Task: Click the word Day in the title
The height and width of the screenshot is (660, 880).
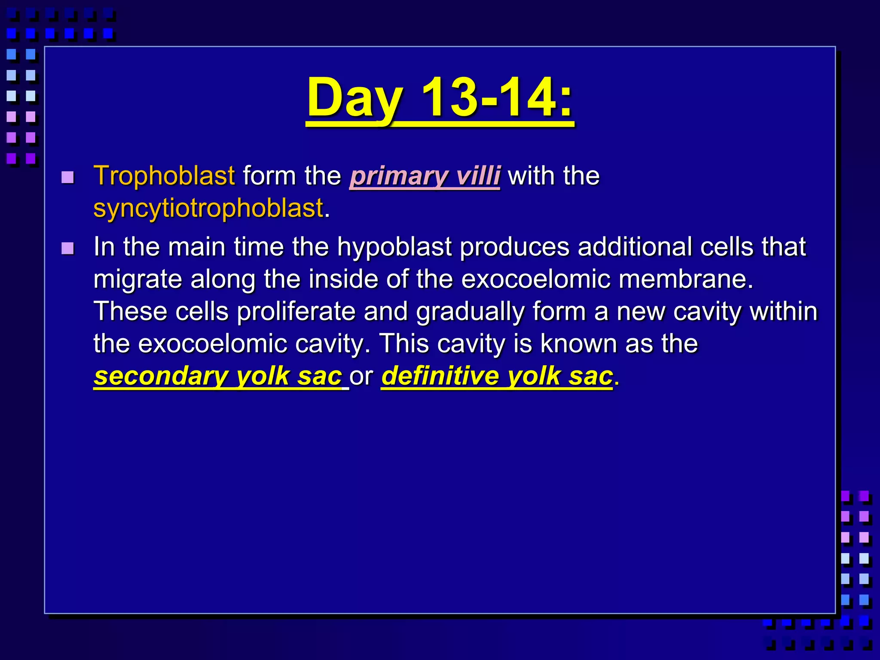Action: click(355, 98)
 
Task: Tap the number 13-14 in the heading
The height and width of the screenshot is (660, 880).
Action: click(496, 98)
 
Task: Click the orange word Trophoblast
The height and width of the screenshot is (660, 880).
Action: click(164, 176)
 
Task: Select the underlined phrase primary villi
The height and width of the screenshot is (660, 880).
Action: click(425, 176)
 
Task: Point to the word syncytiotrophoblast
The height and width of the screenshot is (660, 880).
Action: click(208, 208)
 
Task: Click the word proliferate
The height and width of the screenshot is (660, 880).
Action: click(296, 312)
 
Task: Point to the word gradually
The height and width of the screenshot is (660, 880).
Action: click(470, 312)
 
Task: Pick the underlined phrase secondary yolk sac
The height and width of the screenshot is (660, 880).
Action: click(218, 376)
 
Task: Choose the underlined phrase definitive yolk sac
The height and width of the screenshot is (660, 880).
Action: click(497, 376)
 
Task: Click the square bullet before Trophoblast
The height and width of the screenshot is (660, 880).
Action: click(67, 177)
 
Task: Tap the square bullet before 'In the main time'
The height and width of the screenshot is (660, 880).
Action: click(67, 248)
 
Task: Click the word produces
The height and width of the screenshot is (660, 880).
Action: click(514, 247)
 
